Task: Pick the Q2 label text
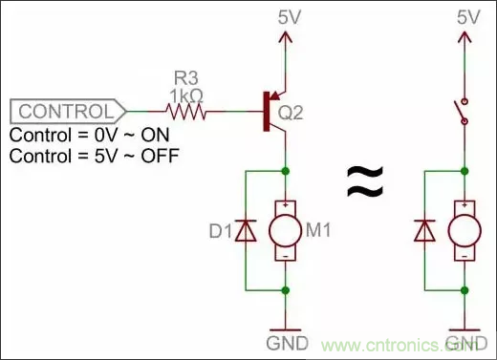pos(291,111)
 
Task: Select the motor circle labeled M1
pos(286,229)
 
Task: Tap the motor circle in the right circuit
pos(465,229)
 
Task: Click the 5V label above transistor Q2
pos(286,16)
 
